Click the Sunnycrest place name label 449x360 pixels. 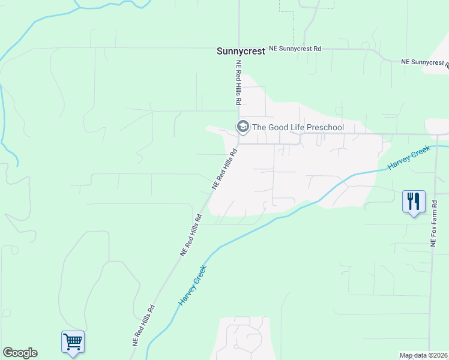240,52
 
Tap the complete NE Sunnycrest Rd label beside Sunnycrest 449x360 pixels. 295,47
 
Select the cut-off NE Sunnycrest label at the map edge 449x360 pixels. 425,62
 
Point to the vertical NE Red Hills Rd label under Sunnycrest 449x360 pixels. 238,83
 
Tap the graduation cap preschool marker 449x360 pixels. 243,126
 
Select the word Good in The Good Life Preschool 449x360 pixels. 279,127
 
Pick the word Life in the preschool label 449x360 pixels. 298,127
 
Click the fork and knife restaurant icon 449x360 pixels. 414,202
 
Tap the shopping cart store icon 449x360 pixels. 73,342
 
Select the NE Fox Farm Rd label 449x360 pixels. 433,224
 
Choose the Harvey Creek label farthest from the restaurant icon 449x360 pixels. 192,286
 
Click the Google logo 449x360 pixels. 20,353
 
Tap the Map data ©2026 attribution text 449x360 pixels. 423,355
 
